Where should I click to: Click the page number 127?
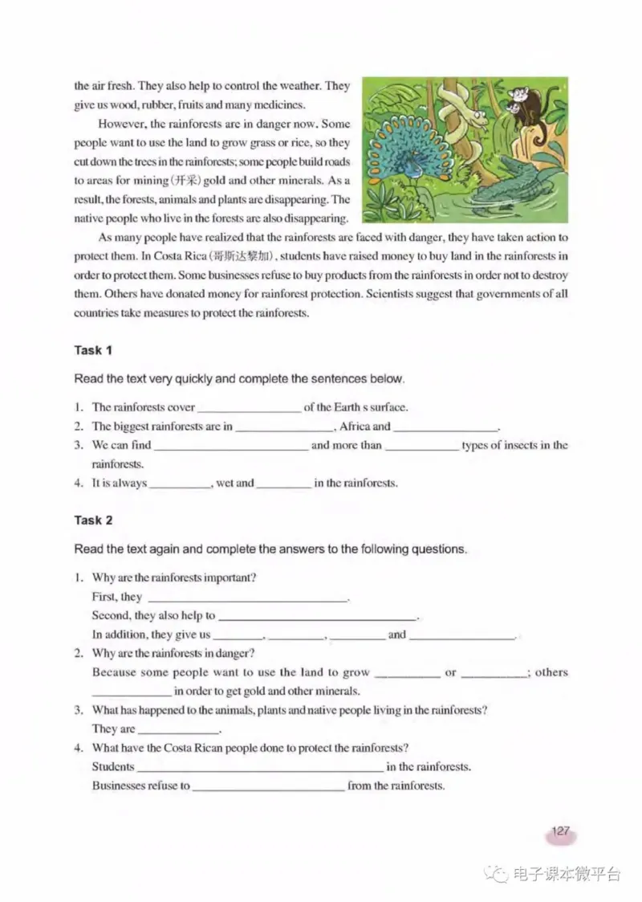point(560,831)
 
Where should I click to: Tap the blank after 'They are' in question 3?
point(178,730)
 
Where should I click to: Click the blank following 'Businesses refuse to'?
point(268,787)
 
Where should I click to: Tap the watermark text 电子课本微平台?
point(566,875)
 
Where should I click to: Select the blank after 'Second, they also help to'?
point(318,617)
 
